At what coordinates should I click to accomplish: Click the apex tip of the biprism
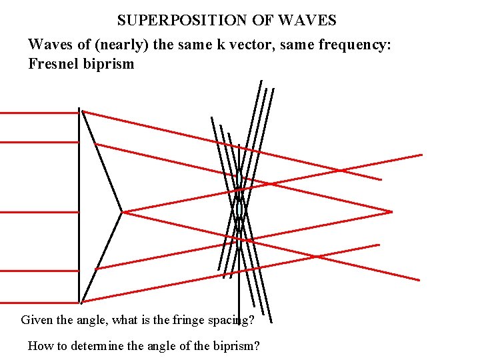123,212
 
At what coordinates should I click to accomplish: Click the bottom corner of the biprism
81,301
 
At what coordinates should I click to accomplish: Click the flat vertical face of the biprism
79,200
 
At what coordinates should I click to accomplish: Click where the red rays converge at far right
391,212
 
